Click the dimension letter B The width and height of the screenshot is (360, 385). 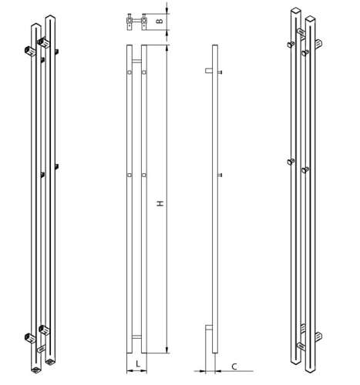tap(160, 20)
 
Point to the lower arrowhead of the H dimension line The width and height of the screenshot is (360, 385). tap(166, 350)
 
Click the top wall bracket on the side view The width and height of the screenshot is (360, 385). tap(208, 72)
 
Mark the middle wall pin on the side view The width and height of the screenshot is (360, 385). tap(220, 176)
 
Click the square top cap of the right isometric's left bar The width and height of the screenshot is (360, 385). tap(296, 11)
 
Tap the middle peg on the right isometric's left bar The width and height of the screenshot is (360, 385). tap(290, 162)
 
